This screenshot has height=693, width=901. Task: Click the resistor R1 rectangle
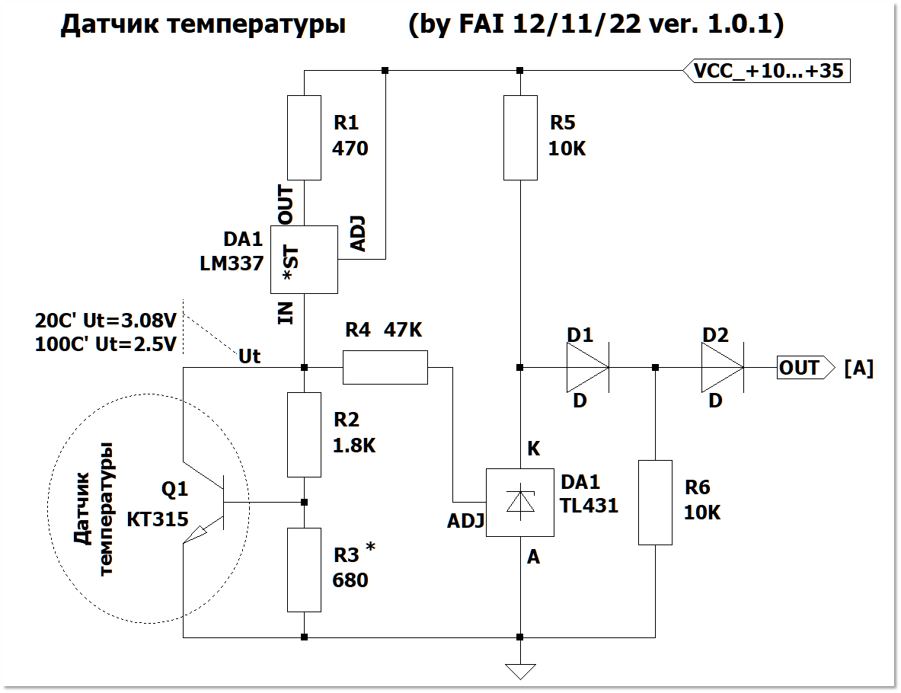pyautogui.click(x=304, y=138)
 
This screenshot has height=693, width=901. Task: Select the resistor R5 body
pyautogui.click(x=520, y=138)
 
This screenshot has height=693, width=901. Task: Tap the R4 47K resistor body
pyautogui.click(x=385, y=367)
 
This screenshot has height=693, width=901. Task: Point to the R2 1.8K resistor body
pyautogui.click(x=304, y=435)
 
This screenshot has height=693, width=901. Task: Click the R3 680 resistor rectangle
pyautogui.click(x=304, y=570)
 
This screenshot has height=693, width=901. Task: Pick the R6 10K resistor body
pyautogui.click(x=655, y=502)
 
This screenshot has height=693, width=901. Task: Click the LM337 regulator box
pyautogui.click(x=304, y=260)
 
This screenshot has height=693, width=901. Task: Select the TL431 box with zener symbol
pyautogui.click(x=520, y=503)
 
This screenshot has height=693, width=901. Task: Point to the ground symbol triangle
pyautogui.click(x=520, y=671)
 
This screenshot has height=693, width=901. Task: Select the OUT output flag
pyautogui.click(x=800, y=368)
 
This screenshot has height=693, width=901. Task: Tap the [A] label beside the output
pyautogui.click(x=858, y=369)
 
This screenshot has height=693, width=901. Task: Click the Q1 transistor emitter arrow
pyautogui.click(x=200, y=535)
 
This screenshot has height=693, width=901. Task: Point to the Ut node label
pyautogui.click(x=250, y=356)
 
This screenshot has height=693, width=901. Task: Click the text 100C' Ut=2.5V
pyautogui.click(x=106, y=344)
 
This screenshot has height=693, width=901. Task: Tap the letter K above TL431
pyautogui.click(x=533, y=449)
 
